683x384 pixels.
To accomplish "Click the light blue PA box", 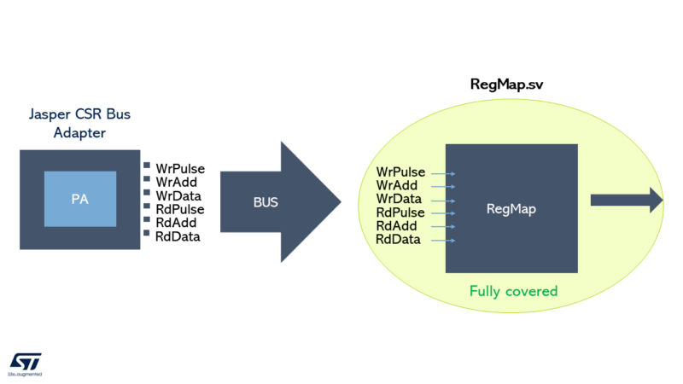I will click(79, 199).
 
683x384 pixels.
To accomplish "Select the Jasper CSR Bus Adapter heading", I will click(81, 122).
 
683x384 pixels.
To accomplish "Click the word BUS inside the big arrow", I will click(266, 203).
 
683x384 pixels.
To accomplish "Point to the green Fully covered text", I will click(513, 291).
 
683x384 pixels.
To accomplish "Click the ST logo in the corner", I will click(26, 363).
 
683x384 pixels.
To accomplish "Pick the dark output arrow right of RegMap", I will click(626, 201).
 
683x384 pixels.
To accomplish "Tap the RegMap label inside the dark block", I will click(511, 208).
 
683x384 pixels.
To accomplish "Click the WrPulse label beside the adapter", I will click(179, 168).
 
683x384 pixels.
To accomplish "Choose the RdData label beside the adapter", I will click(177, 236).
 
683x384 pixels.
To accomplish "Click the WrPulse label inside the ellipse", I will click(400, 173).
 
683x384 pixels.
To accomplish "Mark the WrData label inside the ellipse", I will click(399, 200).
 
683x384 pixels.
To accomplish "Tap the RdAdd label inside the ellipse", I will click(397, 226).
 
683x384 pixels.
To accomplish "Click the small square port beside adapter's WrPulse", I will click(147, 166).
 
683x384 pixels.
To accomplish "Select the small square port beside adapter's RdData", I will click(147, 234).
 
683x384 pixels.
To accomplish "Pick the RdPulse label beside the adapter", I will click(179, 209).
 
